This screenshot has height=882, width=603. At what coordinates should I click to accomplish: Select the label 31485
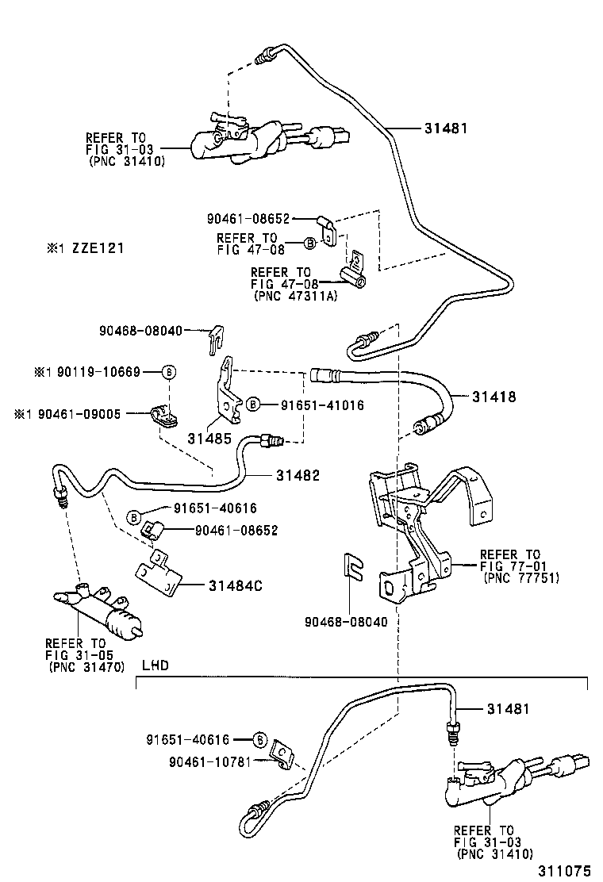[205, 437]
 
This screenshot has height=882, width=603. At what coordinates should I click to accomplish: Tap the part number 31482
[298, 475]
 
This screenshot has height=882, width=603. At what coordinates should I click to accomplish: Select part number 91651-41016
[321, 405]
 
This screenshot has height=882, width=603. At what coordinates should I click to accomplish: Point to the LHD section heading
[155, 665]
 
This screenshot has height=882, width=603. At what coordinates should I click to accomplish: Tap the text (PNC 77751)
[520, 577]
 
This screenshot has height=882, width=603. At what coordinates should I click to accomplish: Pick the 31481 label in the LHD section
[508, 709]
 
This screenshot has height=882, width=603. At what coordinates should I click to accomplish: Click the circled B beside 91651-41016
[252, 405]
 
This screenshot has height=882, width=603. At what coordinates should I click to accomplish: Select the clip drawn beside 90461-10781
[281, 754]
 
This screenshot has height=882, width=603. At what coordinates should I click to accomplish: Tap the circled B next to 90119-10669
[168, 372]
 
